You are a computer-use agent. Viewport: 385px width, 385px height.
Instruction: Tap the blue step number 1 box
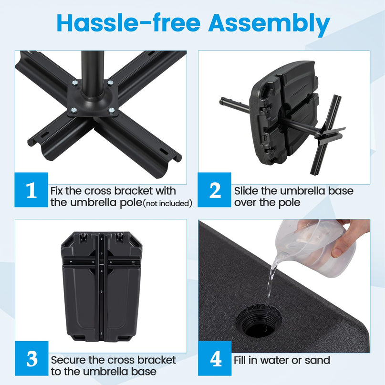tap(31, 190)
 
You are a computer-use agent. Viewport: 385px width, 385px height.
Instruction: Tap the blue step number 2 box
tap(215, 190)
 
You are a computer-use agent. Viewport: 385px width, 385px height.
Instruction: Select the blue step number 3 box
tap(31, 358)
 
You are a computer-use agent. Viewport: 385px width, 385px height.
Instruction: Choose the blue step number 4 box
tap(215, 358)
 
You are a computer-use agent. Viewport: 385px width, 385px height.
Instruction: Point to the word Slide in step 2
tap(247, 191)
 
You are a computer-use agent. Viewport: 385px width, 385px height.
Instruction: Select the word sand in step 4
tap(317, 360)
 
